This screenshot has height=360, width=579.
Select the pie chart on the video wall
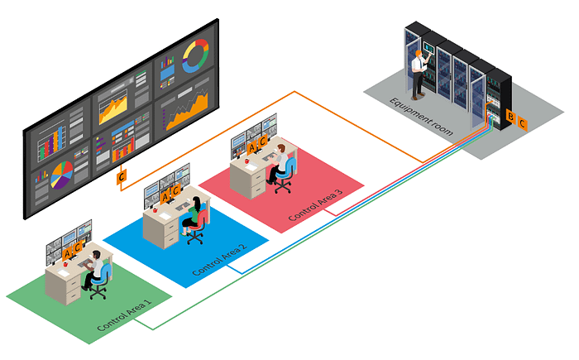click(61, 175)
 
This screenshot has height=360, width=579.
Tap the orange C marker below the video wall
click(122, 177)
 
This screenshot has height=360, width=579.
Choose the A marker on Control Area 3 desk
click(253, 146)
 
